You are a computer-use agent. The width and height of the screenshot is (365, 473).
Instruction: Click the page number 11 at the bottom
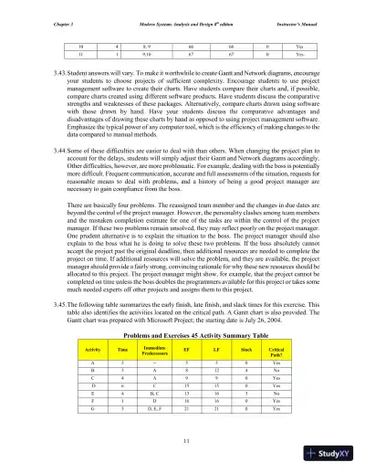182,441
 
